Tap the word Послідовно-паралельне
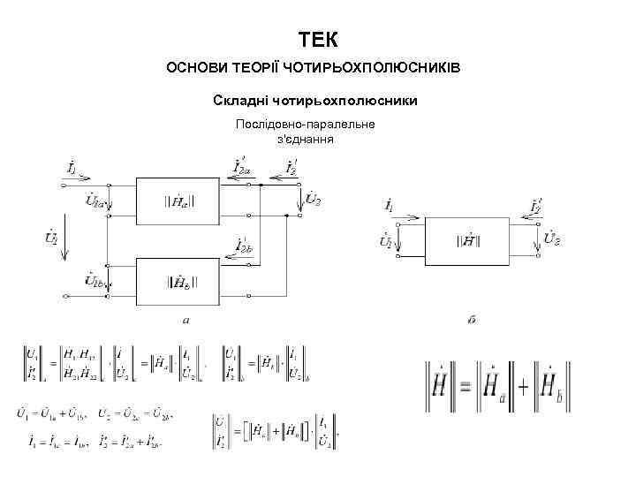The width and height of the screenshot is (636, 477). click(305, 124)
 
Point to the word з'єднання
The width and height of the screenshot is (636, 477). click(305, 139)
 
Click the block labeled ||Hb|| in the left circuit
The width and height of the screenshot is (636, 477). click(180, 282)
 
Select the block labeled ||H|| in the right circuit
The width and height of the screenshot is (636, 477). click(468, 240)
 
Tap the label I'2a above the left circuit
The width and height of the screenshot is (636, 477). click(241, 165)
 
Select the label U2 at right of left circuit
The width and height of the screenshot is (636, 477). click(312, 201)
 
